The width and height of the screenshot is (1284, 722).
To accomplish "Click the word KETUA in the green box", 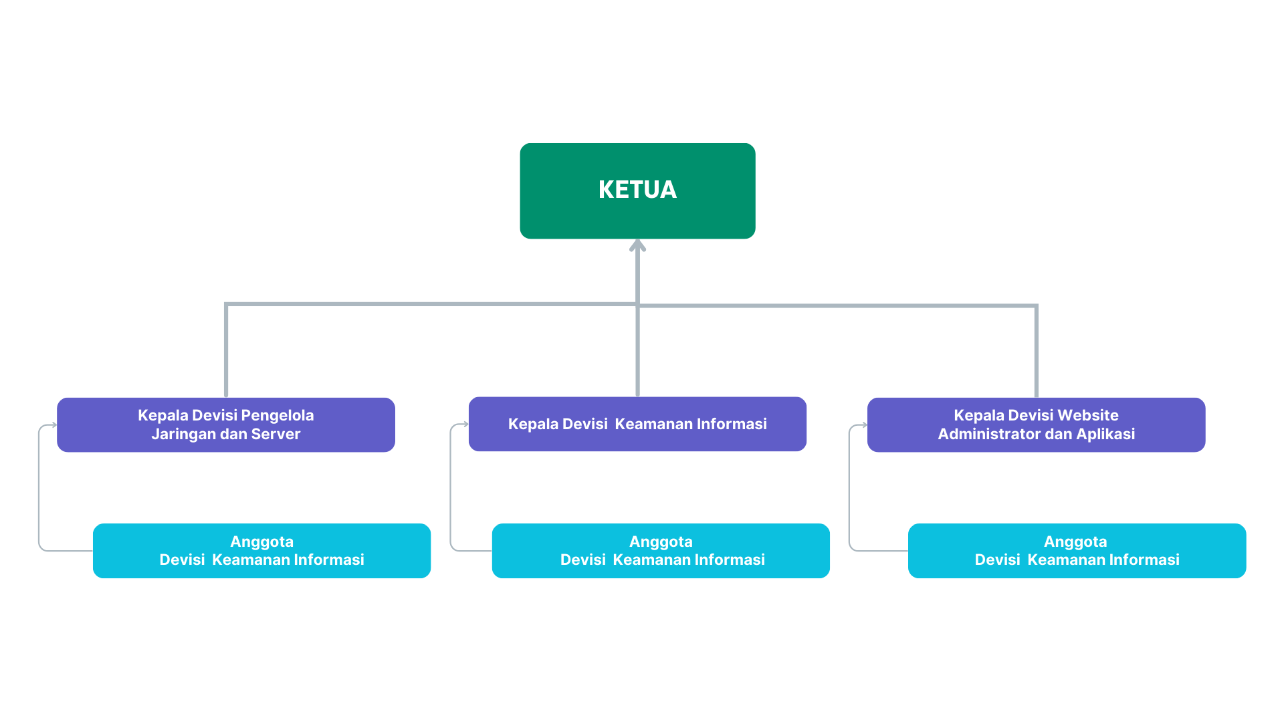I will pyautogui.click(x=637, y=190).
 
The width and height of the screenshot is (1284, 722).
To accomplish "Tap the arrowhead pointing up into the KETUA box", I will pyautogui.click(x=637, y=245).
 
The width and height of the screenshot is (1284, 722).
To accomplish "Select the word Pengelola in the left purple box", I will pyautogui.click(x=277, y=415).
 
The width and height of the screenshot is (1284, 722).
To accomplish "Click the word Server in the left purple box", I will pyautogui.click(x=276, y=434).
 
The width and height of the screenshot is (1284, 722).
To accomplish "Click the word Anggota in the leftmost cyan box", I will pyautogui.click(x=261, y=541).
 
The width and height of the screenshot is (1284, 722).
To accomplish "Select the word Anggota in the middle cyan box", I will pyautogui.click(x=661, y=541).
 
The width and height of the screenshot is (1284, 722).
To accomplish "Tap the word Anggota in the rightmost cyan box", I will pyautogui.click(x=1075, y=541).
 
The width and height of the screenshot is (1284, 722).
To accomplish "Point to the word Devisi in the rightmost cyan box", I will pyautogui.click(x=997, y=560).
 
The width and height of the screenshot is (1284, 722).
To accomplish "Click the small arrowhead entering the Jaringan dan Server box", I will pyautogui.click(x=54, y=425).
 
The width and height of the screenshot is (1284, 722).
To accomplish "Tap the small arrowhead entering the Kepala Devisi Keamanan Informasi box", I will pyautogui.click(x=465, y=424).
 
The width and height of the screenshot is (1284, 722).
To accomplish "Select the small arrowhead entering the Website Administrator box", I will pyautogui.click(x=865, y=425).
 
